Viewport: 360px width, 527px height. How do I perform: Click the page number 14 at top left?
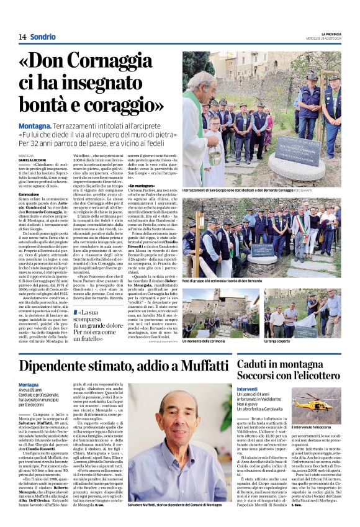pyautogui.click(x=22, y=37)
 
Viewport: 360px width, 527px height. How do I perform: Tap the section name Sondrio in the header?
pyautogui.click(x=42, y=37)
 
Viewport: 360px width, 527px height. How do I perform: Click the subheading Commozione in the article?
pyautogui.click(x=29, y=194)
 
